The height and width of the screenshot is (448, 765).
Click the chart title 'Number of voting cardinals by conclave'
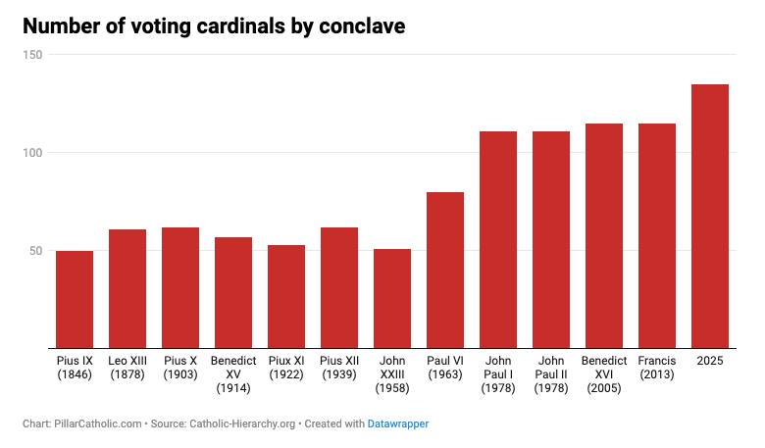[x=214, y=26]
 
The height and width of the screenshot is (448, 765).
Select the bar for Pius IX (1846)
[x=75, y=299]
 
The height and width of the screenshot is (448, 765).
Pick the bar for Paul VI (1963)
[x=445, y=270]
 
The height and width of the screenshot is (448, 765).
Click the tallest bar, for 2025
[x=710, y=216]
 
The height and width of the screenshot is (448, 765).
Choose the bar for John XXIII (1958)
[x=392, y=298]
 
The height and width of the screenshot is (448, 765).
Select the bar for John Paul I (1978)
[x=498, y=239]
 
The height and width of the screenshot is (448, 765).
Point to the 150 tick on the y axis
[x=33, y=55]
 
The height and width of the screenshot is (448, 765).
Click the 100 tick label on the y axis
[x=33, y=153]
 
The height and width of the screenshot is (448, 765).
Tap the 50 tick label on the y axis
[x=36, y=251]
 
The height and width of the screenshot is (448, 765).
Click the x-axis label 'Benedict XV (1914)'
[x=233, y=374]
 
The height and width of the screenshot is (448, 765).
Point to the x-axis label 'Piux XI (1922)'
[x=286, y=368]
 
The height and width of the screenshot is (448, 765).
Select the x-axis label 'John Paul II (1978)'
[x=551, y=374]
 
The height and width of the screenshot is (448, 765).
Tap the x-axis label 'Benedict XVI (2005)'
[x=604, y=374]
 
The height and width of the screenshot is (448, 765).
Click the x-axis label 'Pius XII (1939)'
[x=339, y=368]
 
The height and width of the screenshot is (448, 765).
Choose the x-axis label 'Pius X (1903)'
[x=180, y=368]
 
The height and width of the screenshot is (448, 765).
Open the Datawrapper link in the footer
[x=397, y=424]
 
